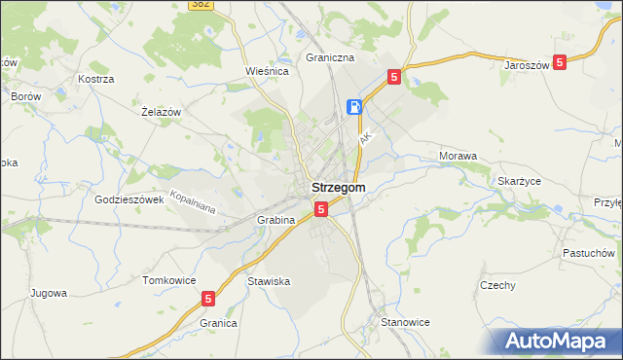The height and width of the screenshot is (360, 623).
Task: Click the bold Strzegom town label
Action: click(x=338, y=187)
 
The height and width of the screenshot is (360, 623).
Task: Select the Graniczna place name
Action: click(x=328, y=57)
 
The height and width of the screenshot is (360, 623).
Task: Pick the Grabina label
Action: click(x=276, y=220)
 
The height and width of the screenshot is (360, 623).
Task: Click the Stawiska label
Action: click(x=269, y=281)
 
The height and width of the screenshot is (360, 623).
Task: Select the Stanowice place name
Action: click(x=406, y=321)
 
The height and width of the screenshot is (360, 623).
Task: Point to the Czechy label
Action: click(x=497, y=285)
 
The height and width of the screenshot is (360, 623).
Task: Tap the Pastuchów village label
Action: click(x=588, y=252)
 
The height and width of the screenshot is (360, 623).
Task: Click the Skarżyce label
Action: click(x=519, y=182)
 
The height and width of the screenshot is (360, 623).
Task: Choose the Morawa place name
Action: click(x=458, y=156)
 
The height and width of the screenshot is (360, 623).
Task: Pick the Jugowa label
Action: click(x=49, y=292)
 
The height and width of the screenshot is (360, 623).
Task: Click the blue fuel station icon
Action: click(x=356, y=106)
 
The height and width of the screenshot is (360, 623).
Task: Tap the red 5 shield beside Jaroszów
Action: click(x=560, y=62)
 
